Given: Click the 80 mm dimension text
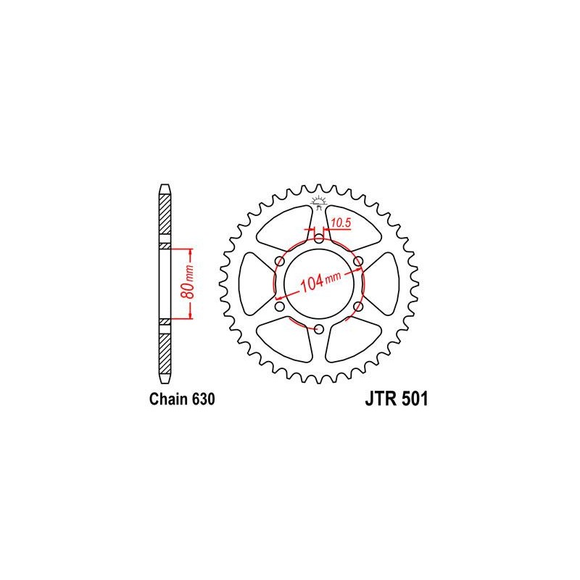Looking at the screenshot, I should pyautogui.click(x=188, y=285).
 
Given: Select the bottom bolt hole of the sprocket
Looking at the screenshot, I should pyautogui.click(x=318, y=331).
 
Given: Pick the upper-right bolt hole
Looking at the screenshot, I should pyautogui.click(x=358, y=260).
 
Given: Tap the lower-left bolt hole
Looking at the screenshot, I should pyautogui.click(x=278, y=307).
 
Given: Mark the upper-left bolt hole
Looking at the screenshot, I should pyautogui.click(x=279, y=260).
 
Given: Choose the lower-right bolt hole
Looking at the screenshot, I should pyautogui.click(x=358, y=307).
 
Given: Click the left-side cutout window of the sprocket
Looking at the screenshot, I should pyautogui.click(x=254, y=283).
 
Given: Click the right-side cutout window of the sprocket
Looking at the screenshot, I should pyautogui.click(x=382, y=283).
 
